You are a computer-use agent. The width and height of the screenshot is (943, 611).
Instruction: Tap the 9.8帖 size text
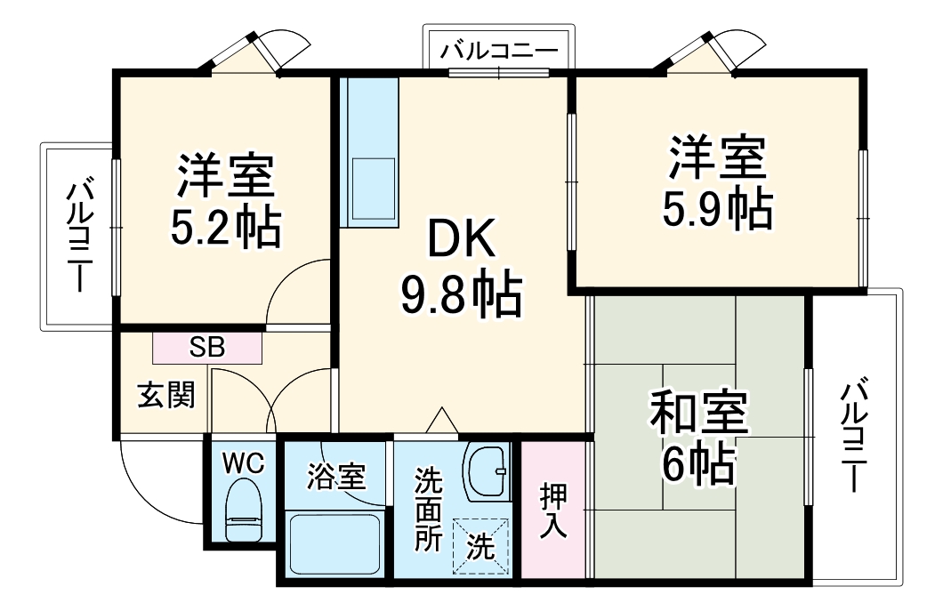pos(459,297)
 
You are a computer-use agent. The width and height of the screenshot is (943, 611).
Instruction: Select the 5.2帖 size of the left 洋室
pos(225,229)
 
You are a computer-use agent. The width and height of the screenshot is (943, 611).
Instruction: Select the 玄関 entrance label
pos(165,395)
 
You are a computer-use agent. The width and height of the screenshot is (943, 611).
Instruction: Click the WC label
pos(243,462)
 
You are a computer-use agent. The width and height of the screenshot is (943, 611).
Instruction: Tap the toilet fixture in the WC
pos(243,511)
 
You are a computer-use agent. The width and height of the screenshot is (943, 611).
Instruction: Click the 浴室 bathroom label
pos(336,477)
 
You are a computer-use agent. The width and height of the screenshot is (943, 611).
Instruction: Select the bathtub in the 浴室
pos(335,543)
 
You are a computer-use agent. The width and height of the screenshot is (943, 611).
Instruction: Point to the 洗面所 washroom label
pos(429,510)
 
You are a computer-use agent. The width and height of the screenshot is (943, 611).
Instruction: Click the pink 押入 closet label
pos(552,511)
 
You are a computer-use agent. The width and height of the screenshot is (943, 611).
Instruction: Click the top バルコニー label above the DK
pos(499,50)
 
